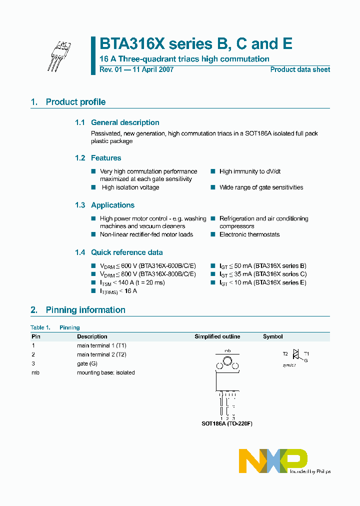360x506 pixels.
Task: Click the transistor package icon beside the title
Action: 59,55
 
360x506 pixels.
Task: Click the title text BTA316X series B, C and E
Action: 195,44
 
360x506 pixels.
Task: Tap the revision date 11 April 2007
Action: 152,70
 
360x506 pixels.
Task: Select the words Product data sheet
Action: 300,70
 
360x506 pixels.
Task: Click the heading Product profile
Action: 75,102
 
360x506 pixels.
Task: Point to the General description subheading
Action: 125,122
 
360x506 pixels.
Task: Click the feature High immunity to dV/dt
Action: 250,171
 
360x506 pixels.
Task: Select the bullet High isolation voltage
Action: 130,187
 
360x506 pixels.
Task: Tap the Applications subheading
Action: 112,205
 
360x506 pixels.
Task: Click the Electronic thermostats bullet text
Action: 249,234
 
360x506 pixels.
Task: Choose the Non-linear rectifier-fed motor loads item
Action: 146,234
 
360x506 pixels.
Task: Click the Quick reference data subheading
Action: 126,252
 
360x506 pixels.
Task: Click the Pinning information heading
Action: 85,310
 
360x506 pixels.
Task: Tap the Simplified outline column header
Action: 217,337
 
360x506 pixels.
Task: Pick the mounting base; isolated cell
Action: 105,372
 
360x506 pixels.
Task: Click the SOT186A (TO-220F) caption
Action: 227,423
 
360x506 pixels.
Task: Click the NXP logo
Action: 272,460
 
